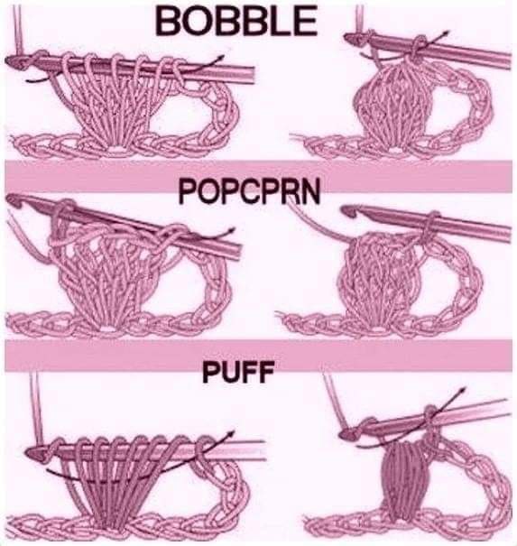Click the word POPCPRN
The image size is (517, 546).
(249, 192)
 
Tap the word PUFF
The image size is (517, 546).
(238, 372)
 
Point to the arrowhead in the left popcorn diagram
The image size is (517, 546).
(230, 230)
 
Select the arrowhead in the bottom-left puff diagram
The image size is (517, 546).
(230, 434)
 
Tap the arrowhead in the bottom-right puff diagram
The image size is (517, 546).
(462, 390)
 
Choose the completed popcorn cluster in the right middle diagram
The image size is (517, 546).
(383, 276)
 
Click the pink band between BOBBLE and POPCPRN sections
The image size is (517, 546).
(258, 176)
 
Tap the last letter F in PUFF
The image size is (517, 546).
(264, 372)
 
